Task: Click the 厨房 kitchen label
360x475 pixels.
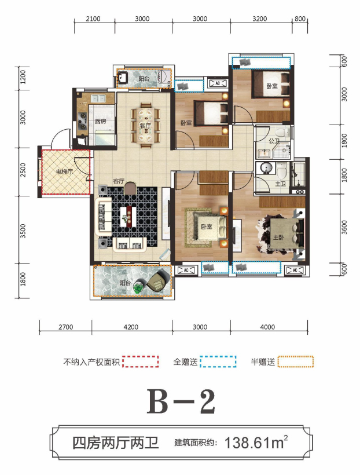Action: click(x=101, y=122)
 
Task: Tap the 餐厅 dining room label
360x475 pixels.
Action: click(x=145, y=126)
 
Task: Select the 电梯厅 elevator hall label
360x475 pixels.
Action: click(x=64, y=172)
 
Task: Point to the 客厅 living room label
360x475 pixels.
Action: click(x=119, y=181)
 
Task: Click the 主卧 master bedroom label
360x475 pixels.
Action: click(x=278, y=237)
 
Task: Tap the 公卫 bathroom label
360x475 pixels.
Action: click(x=274, y=141)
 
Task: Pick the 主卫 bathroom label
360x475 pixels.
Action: click(x=280, y=184)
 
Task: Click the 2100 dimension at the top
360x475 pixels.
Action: click(x=93, y=19)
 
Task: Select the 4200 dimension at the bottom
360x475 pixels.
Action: click(x=131, y=327)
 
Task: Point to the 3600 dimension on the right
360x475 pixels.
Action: click(x=344, y=227)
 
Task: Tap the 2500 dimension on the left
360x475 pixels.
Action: click(x=23, y=170)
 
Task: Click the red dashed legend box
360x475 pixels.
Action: click(x=141, y=361)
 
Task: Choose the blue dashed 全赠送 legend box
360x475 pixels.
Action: click(x=218, y=361)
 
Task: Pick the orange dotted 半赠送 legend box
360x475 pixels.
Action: click(x=296, y=361)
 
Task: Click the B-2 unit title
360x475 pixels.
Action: click(x=181, y=401)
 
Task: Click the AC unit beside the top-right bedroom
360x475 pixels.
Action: click(x=218, y=83)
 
